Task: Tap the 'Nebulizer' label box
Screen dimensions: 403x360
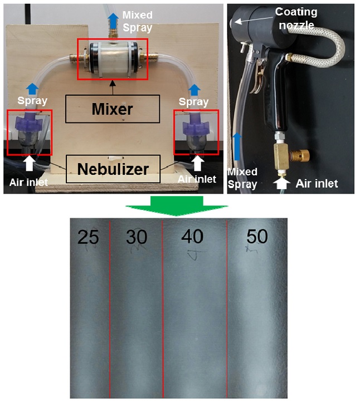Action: point(112,169)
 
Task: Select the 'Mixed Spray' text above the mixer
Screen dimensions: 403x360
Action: point(137,20)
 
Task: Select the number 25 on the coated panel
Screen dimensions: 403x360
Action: point(88,238)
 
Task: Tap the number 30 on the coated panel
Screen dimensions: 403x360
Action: point(137,238)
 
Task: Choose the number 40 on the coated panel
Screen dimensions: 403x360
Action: point(192,236)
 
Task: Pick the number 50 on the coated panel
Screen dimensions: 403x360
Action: point(257,237)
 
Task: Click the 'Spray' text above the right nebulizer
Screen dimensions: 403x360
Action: point(194,102)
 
